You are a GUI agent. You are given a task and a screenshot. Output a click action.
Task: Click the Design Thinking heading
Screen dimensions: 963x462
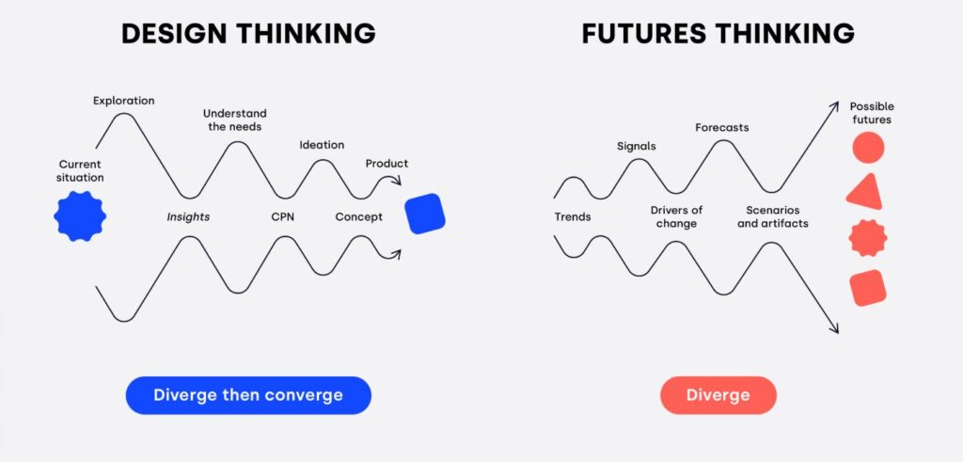[x=248, y=33]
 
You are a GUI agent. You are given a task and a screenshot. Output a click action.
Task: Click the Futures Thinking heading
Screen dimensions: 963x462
[x=718, y=33]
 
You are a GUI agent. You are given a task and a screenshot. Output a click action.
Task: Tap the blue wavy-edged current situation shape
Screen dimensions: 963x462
[x=80, y=215]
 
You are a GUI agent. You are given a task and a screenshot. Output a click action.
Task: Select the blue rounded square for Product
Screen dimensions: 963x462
[x=425, y=214]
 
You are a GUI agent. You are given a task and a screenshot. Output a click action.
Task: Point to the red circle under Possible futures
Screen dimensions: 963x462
[x=868, y=148]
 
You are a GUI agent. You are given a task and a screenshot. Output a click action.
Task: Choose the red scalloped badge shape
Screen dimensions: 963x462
[x=868, y=238]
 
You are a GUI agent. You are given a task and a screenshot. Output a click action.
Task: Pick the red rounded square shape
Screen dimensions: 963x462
[x=868, y=288]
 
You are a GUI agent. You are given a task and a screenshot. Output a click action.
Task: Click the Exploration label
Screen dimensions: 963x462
[x=124, y=100]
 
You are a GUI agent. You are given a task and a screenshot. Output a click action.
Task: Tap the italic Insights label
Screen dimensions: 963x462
[x=188, y=216]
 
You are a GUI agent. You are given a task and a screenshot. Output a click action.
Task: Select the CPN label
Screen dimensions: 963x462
[x=282, y=216]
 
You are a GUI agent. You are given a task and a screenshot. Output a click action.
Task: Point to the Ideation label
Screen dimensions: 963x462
[x=322, y=145]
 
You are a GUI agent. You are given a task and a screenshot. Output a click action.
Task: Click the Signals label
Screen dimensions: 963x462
[x=637, y=146]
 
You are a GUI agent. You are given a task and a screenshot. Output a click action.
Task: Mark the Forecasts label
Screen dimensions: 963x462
[x=722, y=128]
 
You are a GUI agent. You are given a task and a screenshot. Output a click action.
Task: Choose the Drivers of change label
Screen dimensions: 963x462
[x=676, y=216]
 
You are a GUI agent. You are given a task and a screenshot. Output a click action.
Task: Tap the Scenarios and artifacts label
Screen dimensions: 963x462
[x=773, y=216]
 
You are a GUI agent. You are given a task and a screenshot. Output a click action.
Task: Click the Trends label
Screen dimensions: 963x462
[x=573, y=216]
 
